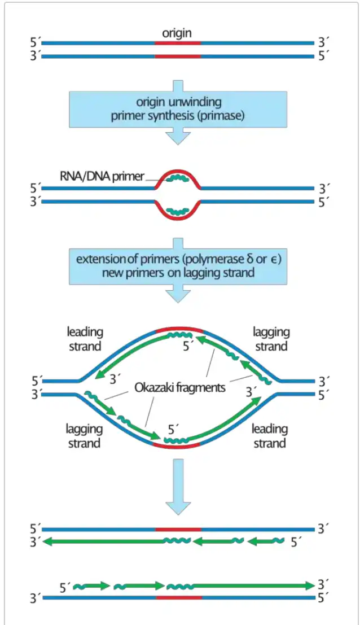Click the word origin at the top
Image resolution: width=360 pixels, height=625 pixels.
click(177, 33)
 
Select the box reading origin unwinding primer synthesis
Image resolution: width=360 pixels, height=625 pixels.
click(178, 109)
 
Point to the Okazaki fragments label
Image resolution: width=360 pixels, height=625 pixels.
click(179, 388)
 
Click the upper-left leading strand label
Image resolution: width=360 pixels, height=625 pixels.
click(85, 339)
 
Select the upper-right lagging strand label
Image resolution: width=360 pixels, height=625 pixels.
click(271, 339)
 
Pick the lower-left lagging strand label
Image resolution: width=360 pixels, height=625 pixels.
click(84, 436)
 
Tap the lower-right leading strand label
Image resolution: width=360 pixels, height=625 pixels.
click(270, 436)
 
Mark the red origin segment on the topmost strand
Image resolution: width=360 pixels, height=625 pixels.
click(178, 42)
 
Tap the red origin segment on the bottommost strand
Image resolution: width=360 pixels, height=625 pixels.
click(178, 597)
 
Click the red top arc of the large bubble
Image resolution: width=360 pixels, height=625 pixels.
click(178, 328)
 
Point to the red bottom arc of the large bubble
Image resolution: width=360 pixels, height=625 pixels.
click(176, 446)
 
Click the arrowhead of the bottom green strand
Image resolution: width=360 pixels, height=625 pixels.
click(310, 586)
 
